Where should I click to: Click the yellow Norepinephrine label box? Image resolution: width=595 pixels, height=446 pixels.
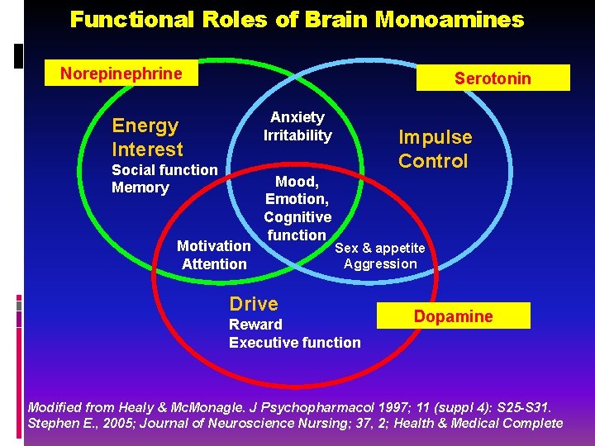click(x=121, y=74)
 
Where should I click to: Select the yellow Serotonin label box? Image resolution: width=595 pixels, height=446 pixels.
click(x=493, y=78)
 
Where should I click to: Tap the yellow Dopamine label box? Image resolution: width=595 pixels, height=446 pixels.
click(x=453, y=316)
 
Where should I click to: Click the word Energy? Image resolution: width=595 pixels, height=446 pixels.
click(x=145, y=126)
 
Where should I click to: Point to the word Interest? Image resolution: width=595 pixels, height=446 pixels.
click(x=147, y=149)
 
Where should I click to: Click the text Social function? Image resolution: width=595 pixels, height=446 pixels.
click(x=164, y=170)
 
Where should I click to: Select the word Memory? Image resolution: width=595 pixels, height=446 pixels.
click(x=140, y=187)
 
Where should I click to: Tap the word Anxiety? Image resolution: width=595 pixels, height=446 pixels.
click(x=297, y=117)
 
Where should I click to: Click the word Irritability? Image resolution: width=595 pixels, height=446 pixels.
click(x=297, y=135)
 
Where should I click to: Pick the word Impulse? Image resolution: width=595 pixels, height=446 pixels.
click(x=436, y=137)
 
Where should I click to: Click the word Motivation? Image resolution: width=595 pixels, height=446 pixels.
click(x=213, y=246)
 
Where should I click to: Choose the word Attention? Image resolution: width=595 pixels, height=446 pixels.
click(x=214, y=264)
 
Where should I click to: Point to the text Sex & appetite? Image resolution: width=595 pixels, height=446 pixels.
click(x=380, y=248)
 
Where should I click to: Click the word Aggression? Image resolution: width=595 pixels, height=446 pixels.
click(x=380, y=264)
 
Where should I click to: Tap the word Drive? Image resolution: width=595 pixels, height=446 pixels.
click(x=254, y=304)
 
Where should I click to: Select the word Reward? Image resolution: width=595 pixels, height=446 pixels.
click(x=255, y=325)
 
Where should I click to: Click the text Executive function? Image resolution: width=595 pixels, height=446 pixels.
click(x=294, y=343)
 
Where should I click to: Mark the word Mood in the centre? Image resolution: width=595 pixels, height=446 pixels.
click(x=295, y=181)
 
